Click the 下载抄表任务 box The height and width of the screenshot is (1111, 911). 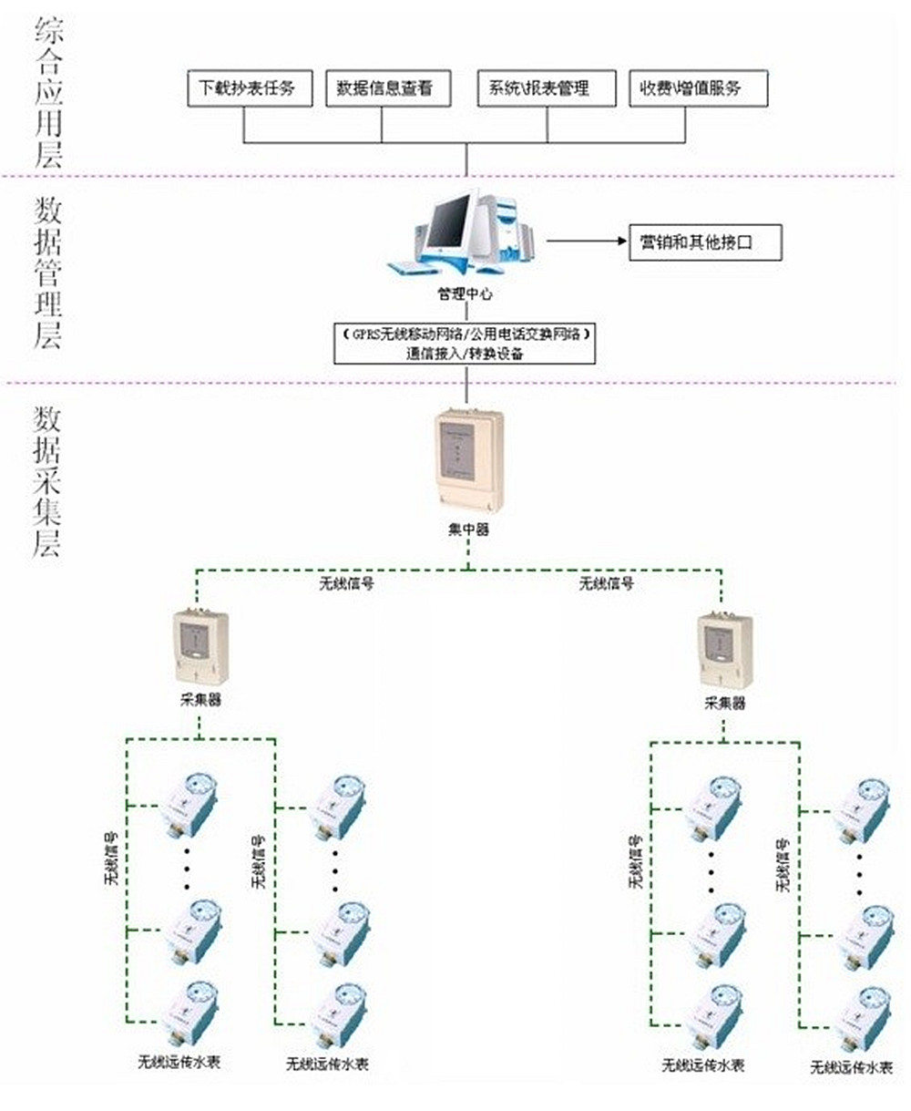click(x=247, y=88)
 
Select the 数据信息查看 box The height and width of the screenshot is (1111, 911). click(x=382, y=88)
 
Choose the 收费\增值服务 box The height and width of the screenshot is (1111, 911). click(x=698, y=88)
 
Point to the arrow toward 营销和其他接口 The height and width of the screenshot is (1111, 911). click(x=588, y=243)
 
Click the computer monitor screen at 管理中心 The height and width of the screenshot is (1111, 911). click(x=450, y=222)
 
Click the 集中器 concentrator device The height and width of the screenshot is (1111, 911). click(x=468, y=459)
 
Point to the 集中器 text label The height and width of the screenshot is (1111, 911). click(x=468, y=529)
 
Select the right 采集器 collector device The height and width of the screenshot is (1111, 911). click(x=725, y=649)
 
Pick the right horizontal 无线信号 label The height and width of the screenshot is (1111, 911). click(x=606, y=583)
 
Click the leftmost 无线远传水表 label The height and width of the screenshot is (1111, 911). click(x=179, y=1062)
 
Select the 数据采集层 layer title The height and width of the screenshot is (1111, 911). click(x=48, y=482)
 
